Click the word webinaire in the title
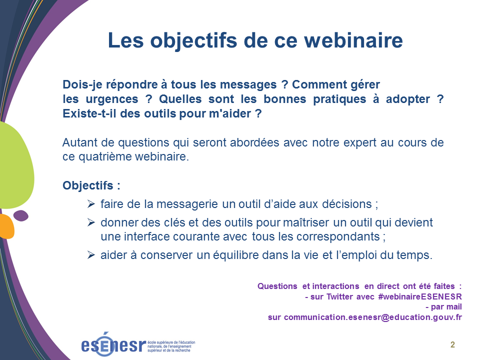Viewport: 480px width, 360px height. tap(353, 40)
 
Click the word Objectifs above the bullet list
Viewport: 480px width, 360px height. tap(88, 185)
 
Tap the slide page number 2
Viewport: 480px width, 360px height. tap(452, 344)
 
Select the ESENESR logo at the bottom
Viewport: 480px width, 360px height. tap(138, 344)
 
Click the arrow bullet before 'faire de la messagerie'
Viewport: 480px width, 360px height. tap(91, 203)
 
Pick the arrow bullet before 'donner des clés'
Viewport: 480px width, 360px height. tap(91, 222)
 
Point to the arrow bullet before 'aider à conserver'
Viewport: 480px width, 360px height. tap(91, 254)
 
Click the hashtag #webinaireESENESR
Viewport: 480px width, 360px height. tap(420, 296)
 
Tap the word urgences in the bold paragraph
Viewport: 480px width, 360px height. tap(112, 99)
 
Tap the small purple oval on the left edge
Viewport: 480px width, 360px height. tap(21, 215)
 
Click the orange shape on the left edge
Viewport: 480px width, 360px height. tap(6, 226)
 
